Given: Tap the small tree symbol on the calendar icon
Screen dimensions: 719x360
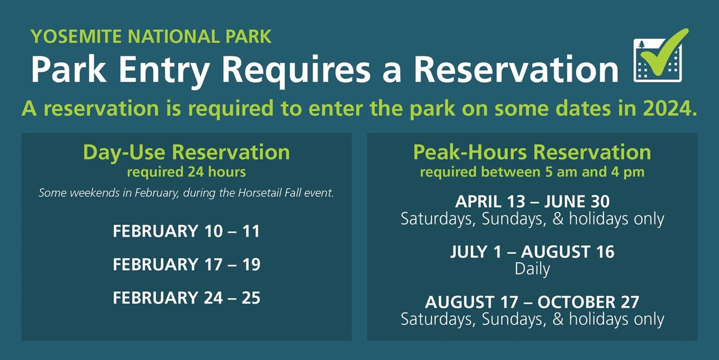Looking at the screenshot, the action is pyautogui.click(x=642, y=45).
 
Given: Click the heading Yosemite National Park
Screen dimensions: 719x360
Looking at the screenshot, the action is pyautogui.click(x=151, y=36).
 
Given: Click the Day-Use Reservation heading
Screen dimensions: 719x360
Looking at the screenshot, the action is pyautogui.click(x=186, y=152).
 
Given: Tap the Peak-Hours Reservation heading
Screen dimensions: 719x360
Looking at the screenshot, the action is pyautogui.click(x=532, y=152).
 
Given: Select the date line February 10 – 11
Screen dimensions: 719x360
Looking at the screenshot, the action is pyautogui.click(x=186, y=232).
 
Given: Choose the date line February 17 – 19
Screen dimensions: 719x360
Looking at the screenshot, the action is pyautogui.click(x=186, y=264).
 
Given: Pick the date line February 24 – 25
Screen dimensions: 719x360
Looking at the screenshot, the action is pyautogui.click(x=186, y=298).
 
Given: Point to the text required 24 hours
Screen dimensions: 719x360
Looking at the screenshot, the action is pyautogui.click(x=186, y=172).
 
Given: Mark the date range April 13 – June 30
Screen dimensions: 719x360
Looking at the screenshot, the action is pyautogui.click(x=532, y=201).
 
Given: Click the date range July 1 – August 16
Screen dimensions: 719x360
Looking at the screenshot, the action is pyautogui.click(x=532, y=251).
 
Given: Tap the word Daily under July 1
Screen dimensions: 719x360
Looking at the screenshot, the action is pyautogui.click(x=532, y=269).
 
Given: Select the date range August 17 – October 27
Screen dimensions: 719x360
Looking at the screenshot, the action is pyautogui.click(x=532, y=302).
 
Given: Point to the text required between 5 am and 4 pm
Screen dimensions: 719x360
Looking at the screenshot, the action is pyautogui.click(x=532, y=172).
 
